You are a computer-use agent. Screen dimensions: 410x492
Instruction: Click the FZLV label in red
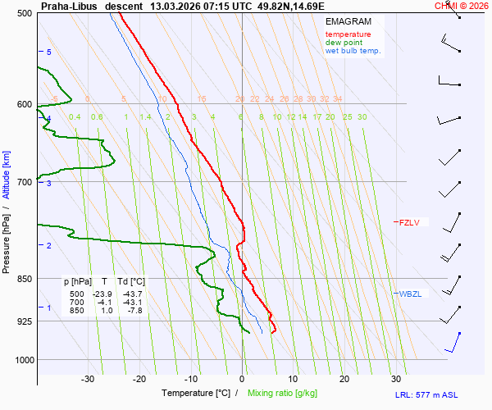408,222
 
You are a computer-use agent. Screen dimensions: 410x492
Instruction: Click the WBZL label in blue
410,294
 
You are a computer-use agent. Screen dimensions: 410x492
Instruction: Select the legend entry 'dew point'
344,43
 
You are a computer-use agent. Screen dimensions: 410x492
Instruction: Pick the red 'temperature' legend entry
348,34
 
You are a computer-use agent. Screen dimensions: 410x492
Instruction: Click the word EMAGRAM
348,21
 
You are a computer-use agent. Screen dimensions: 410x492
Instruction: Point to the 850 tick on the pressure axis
24,279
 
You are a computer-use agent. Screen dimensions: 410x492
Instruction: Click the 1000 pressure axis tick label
22,360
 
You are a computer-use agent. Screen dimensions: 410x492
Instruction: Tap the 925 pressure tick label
24,321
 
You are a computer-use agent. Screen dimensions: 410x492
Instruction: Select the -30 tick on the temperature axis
88,379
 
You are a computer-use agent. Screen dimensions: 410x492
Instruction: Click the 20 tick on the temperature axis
344,379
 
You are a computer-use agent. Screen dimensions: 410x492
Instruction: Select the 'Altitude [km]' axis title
7,175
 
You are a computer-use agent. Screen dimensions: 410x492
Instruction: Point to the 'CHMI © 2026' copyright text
461,5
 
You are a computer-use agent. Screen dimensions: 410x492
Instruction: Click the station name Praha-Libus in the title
70,5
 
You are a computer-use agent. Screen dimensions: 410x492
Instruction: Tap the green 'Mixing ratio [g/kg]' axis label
285,394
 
